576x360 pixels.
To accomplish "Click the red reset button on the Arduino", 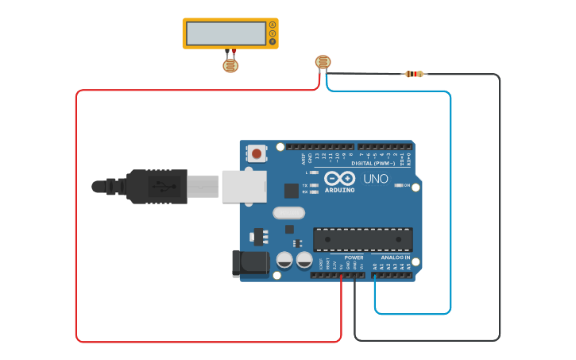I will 257,153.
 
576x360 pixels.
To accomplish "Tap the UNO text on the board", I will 376,179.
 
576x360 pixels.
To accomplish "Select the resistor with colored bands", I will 413,74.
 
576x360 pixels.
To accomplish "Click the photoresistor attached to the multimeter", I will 230,65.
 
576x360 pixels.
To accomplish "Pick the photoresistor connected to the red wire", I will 323,63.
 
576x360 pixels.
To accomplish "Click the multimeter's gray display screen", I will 226,33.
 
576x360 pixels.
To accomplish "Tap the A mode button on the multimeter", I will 273,25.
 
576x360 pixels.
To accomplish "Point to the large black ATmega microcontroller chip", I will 362,238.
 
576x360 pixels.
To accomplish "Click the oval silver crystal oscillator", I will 288,212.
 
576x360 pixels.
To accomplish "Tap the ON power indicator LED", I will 398,185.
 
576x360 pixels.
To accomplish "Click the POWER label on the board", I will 354,257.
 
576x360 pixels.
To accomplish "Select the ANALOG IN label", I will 395,257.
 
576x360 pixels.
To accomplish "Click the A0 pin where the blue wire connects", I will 375,275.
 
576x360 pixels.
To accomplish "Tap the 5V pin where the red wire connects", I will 342,275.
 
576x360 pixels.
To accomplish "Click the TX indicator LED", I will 315,185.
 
